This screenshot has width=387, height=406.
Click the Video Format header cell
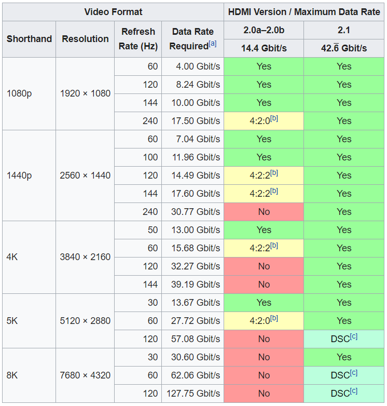pos(113,11)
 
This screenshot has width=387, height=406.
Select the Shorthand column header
pos(29,39)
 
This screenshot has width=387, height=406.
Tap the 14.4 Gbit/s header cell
pos(264,48)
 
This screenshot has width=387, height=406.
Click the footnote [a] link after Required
pos(213,44)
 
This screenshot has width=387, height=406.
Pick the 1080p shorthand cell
pos(19,93)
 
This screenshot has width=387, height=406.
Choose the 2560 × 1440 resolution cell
pos(85,175)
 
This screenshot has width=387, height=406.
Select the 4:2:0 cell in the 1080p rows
pos(264,121)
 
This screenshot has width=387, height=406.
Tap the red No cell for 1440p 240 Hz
pos(264,212)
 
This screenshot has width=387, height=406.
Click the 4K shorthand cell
pos(12,257)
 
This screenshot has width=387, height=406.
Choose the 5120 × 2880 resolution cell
pos(85,321)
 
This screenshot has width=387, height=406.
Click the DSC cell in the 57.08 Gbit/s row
pos(344,339)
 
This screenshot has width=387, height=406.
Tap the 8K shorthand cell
pos(12,375)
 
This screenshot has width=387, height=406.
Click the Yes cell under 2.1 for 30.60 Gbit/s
pos(344,357)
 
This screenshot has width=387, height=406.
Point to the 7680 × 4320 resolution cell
pos(85,375)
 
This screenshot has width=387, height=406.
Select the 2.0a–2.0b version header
pos(264,30)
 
